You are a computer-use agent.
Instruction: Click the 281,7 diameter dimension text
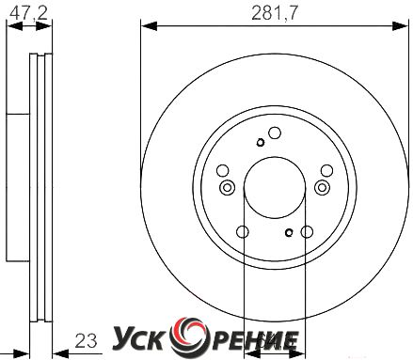(274, 13)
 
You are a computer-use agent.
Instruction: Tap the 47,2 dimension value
(28, 13)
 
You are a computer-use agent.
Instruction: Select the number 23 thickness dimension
(86, 341)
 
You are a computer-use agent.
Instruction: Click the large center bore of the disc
(275, 188)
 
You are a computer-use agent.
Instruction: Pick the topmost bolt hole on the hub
(275, 133)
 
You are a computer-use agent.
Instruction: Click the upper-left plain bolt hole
(223, 171)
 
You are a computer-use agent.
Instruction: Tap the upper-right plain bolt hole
(326, 171)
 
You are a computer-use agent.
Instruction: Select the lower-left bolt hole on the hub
(243, 232)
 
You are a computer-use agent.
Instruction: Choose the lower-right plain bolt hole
(307, 232)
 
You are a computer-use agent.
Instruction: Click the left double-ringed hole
(227, 188)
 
